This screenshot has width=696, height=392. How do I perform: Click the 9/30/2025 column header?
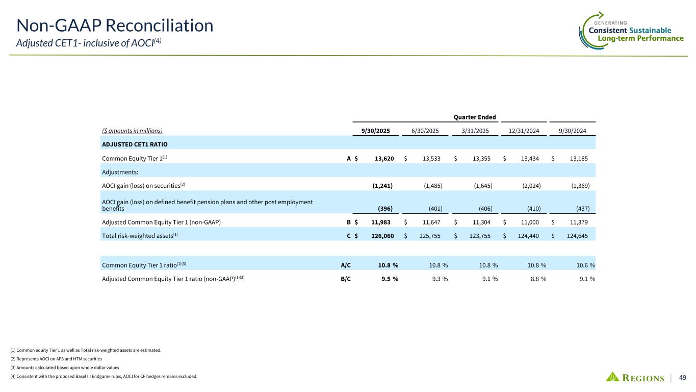[x=376, y=131]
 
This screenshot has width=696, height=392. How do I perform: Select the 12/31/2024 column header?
[x=524, y=131]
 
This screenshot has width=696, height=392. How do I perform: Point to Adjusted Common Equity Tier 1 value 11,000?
[x=530, y=222]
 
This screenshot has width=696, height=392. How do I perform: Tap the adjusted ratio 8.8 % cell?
[x=532, y=279]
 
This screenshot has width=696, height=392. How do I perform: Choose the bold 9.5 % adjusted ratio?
[x=388, y=279]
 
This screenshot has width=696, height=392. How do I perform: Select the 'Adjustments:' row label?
[x=120, y=172]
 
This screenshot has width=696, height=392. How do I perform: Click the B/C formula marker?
[x=345, y=279]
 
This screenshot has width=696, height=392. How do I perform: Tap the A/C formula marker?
[x=345, y=264]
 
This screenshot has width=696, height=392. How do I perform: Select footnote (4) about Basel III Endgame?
[x=103, y=377]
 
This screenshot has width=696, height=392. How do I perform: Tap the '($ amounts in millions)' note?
[x=133, y=131]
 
